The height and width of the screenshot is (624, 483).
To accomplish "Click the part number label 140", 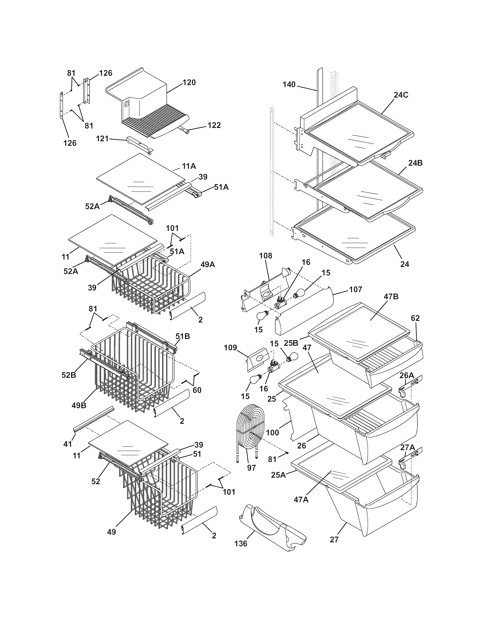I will pos(289,85).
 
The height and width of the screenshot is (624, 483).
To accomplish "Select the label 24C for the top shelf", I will pos(401,95).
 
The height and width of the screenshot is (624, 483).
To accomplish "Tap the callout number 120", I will pos(189,83).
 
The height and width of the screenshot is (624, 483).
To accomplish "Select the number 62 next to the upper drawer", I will pos(415,318).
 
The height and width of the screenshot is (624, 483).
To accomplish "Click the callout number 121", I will pos(102,139).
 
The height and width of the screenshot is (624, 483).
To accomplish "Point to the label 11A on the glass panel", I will pos(189,166).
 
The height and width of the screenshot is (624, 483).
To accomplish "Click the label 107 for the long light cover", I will pos(356,289).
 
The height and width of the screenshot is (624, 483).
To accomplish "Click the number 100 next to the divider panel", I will pos(272,432).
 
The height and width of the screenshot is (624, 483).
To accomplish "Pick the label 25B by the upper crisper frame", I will pos(292,342).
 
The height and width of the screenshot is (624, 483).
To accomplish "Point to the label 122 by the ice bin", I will pos(214,125).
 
